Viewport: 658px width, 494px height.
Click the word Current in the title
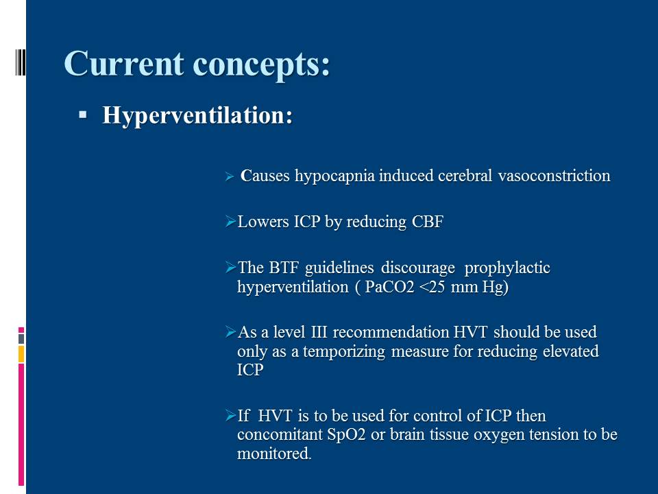click(x=124, y=64)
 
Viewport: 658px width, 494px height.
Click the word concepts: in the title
click(x=261, y=66)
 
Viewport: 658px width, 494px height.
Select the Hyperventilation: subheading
click(x=197, y=115)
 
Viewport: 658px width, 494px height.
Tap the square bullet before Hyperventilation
click(x=83, y=115)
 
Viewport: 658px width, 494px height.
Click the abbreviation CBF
click(x=427, y=222)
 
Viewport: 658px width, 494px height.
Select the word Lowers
click(x=263, y=222)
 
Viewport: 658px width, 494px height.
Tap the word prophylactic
click(x=507, y=268)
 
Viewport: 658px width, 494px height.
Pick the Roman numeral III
click(x=319, y=332)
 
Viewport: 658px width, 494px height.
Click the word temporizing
click(x=343, y=351)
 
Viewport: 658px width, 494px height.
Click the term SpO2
click(x=346, y=435)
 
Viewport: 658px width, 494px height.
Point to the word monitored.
click(x=274, y=454)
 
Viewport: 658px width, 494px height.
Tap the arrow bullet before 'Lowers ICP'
click(x=230, y=221)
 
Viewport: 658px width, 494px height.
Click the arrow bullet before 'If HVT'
click(x=230, y=416)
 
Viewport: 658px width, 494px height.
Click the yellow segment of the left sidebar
click(x=21, y=354)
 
